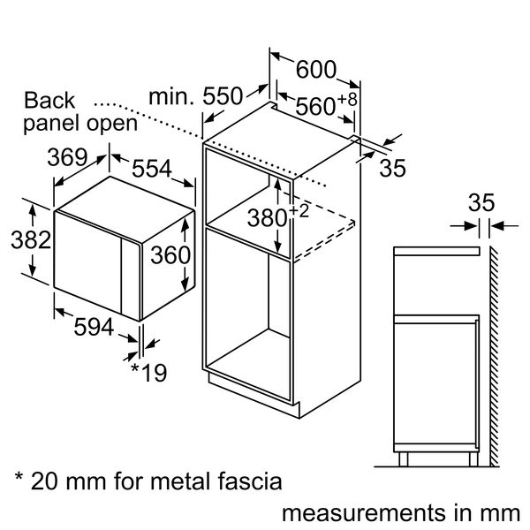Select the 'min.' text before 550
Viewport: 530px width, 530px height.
(x=173, y=95)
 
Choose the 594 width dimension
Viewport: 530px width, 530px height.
(x=94, y=327)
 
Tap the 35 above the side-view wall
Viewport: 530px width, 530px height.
(x=481, y=201)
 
